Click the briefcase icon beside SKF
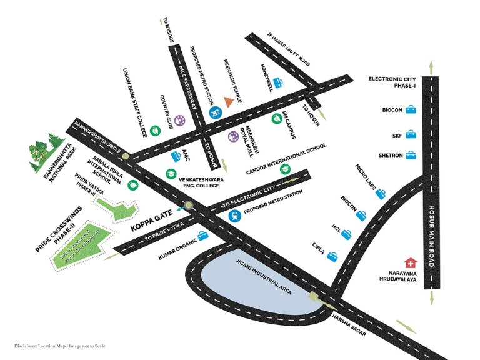coord(411,134)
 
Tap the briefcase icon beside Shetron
coord(411,155)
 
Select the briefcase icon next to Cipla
coord(332,256)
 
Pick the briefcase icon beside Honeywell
coord(278,82)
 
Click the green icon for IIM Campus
coord(276,118)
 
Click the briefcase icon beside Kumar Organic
coord(203,235)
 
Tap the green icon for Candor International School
coord(286,169)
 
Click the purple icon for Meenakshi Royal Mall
coord(233,137)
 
